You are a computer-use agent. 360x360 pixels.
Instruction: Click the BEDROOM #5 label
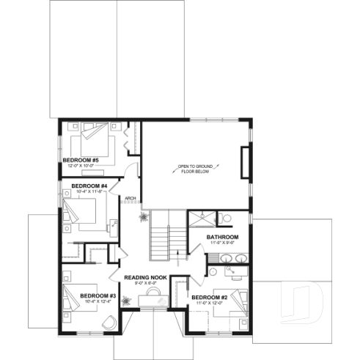(x=81, y=159)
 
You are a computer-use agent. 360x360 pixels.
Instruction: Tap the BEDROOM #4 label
(x=89, y=186)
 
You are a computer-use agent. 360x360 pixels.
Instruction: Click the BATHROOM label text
(x=221, y=237)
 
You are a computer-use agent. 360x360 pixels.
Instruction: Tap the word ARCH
(x=131, y=198)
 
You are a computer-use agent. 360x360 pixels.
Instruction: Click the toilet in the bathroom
(x=226, y=218)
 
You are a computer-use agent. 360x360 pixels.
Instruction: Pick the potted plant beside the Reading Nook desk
(x=127, y=299)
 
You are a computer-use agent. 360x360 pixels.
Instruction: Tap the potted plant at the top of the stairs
(x=144, y=218)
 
